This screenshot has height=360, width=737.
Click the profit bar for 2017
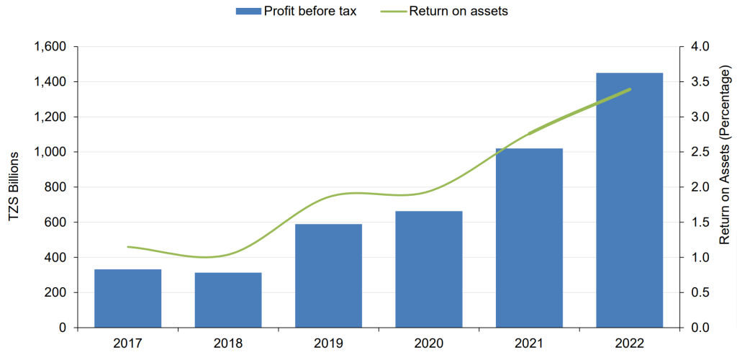[127, 298]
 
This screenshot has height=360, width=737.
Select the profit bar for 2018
[228, 300]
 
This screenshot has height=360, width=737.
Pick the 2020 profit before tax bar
[429, 269]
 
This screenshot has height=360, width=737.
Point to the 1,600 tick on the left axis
[51, 47]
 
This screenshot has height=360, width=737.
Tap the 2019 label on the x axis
[328, 343]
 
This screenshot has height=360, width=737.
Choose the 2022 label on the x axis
[630, 343]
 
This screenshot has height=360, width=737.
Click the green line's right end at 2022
[630, 89]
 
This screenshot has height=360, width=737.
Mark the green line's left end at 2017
[127, 247]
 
